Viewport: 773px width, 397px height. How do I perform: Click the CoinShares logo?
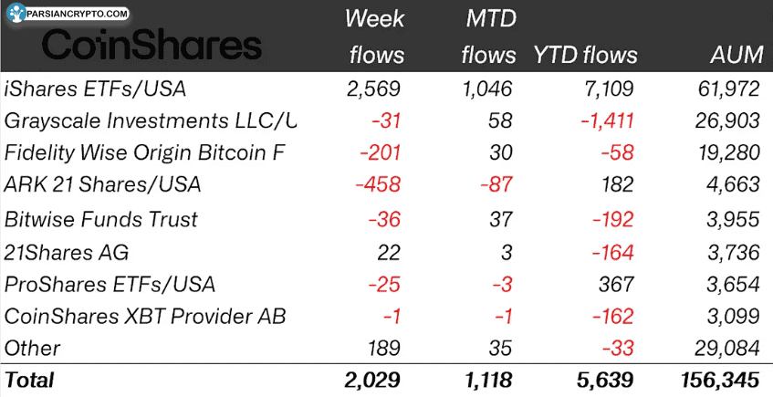point(151,47)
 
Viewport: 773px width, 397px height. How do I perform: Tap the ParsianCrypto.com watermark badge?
point(68,15)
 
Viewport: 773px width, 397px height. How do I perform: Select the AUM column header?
point(736,55)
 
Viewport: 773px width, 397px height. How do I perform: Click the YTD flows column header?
point(585,55)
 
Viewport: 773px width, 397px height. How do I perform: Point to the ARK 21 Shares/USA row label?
point(103,184)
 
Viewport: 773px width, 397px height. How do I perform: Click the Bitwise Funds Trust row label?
point(101,219)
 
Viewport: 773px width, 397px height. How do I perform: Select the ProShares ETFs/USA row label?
point(110,284)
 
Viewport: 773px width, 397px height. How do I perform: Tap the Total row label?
point(30,380)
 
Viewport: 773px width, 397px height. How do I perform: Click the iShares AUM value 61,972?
point(726,89)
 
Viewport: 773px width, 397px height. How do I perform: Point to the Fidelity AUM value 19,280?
point(726,152)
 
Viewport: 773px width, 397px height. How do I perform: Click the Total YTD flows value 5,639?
point(604,380)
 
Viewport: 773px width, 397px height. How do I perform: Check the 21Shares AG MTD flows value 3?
point(507,252)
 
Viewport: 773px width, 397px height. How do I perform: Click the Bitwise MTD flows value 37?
point(500,219)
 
